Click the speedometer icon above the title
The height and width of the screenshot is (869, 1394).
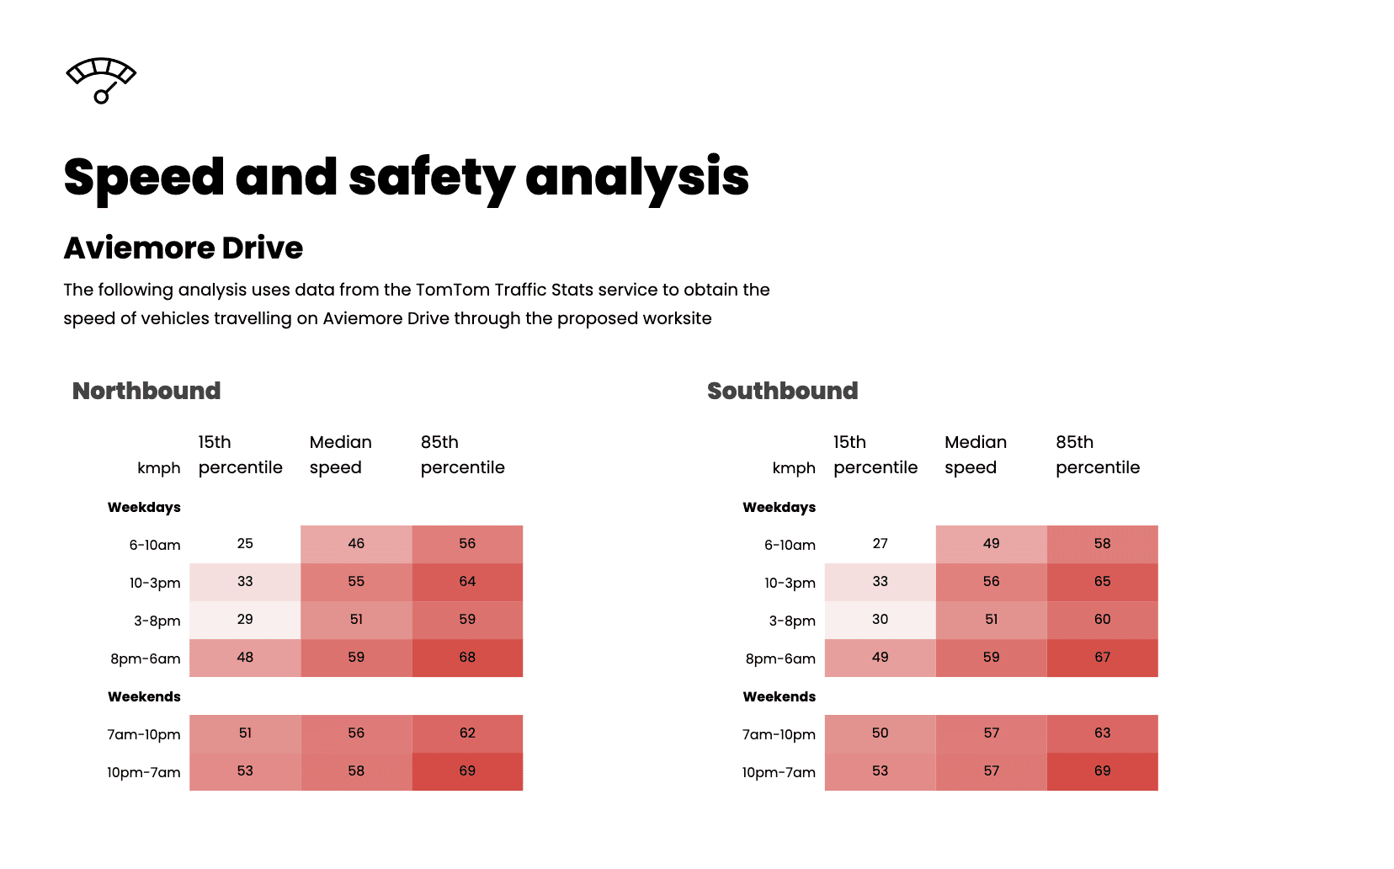101,80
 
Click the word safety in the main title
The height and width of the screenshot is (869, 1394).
431,178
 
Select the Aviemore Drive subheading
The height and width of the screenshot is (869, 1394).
184,248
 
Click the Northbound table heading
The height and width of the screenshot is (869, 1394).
146,391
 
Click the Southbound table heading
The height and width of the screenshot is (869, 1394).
782,391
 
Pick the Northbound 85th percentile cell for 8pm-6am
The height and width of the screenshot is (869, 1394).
467,658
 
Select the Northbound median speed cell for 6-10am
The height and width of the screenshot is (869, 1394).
356,544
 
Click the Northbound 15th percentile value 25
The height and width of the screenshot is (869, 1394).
245,544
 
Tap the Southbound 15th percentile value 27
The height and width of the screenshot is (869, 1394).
880,544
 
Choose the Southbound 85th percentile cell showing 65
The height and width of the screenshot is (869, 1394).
1102,582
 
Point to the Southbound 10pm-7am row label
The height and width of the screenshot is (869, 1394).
779,772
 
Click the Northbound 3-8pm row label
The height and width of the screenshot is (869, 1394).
157,621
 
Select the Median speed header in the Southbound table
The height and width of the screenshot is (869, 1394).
975,455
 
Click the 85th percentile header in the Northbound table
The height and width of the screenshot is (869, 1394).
462,455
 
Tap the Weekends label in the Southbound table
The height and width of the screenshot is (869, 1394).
779,696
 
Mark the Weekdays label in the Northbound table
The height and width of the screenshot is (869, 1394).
144,507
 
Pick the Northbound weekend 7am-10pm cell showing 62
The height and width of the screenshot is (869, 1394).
467,733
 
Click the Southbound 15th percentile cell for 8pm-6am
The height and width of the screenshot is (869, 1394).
880,658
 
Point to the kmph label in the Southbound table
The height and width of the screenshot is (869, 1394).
794,468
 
